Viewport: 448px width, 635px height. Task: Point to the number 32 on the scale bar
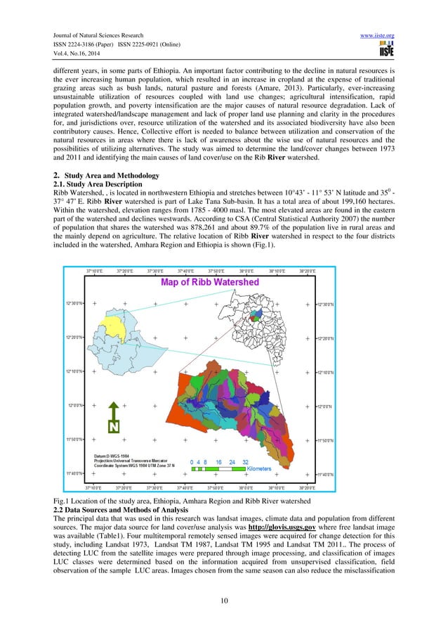[x=246, y=461]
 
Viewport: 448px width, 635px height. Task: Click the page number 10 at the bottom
[x=223, y=608]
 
